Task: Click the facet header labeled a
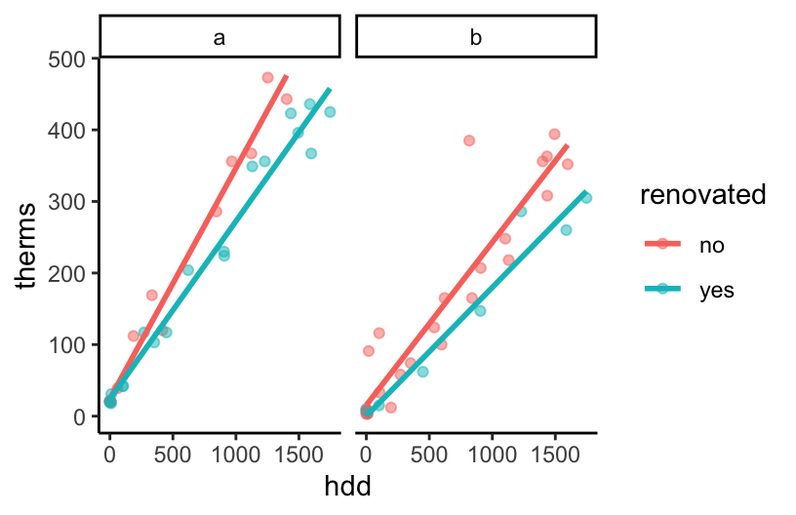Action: tap(219, 38)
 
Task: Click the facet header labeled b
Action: tap(475, 38)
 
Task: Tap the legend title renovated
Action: tap(702, 195)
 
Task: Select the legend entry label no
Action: tap(711, 246)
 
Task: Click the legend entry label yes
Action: tap(715, 289)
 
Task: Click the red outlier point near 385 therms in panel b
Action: tap(468, 140)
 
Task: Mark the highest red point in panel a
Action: tap(267, 77)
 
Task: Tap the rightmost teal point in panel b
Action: tap(586, 197)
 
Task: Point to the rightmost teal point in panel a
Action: tap(330, 111)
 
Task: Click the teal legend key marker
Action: tap(662, 289)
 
